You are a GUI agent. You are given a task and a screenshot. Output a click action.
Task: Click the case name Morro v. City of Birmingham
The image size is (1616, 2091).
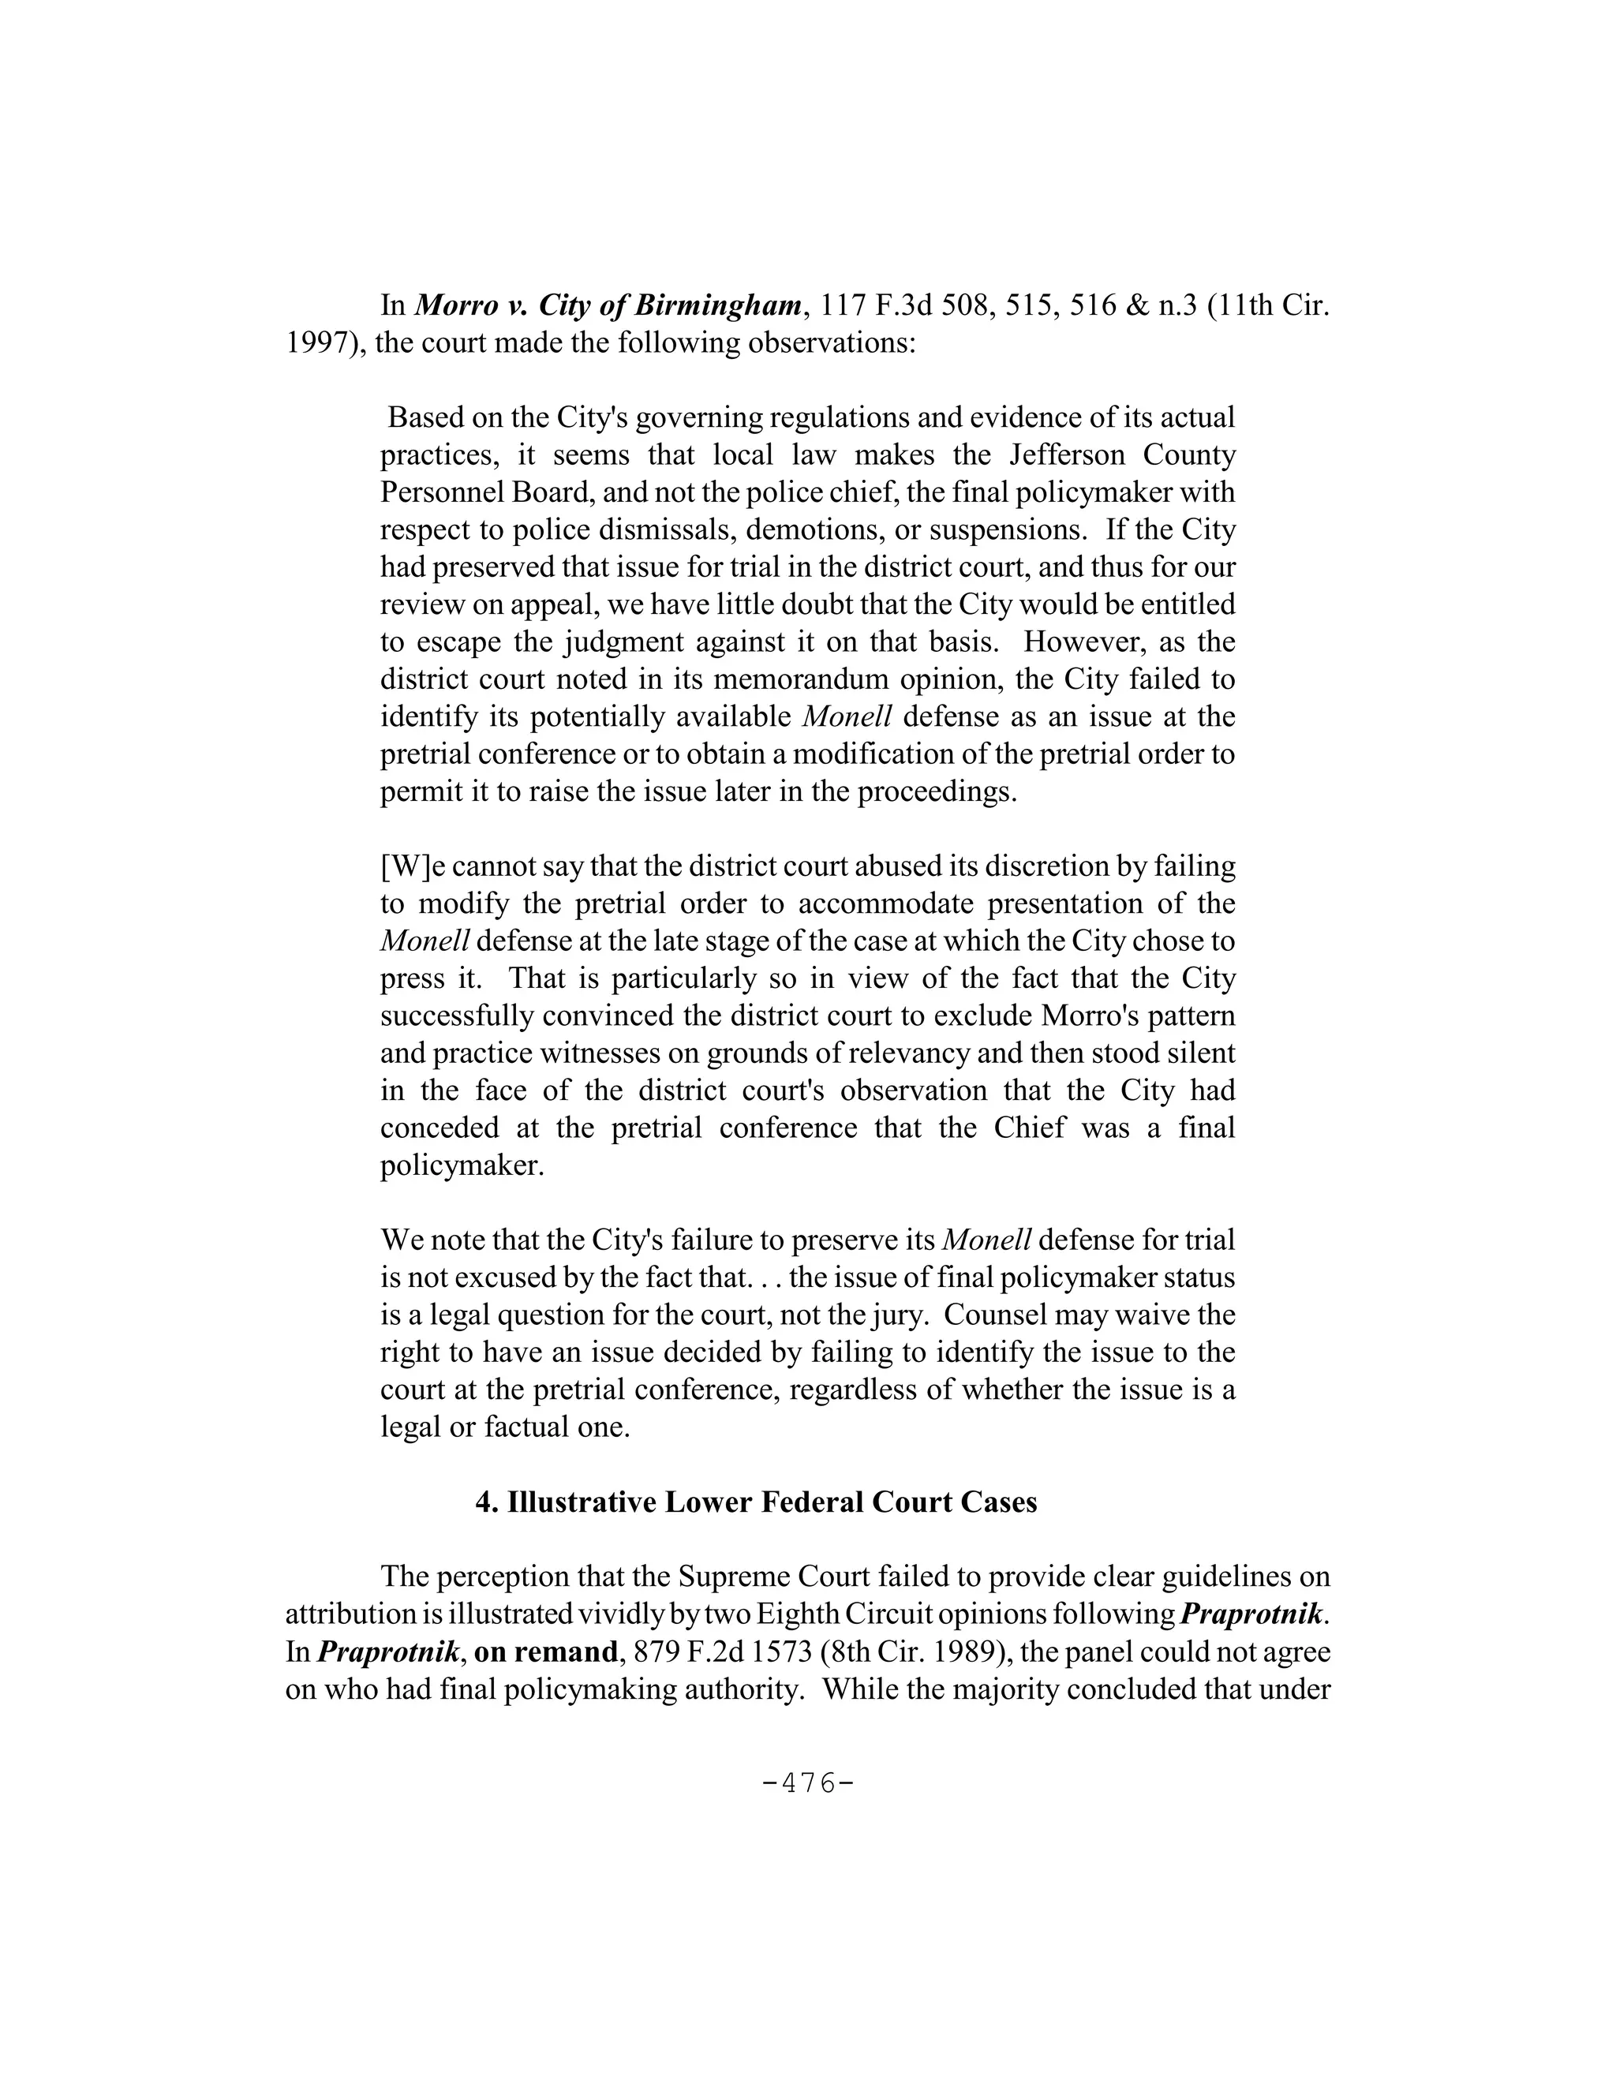point(608,305)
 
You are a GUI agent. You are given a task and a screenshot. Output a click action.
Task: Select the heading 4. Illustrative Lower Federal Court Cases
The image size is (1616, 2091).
point(756,1502)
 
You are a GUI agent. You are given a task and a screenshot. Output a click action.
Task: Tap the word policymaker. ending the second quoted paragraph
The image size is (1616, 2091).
point(462,1166)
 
